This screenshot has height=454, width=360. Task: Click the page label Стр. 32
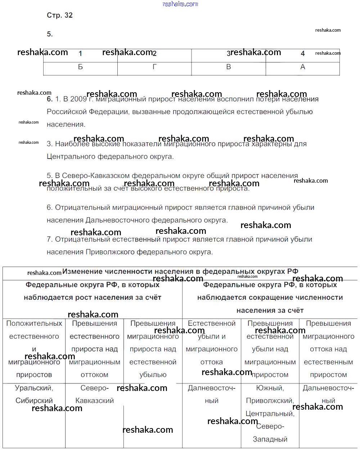click(60, 15)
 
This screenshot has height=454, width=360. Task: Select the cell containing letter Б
click(80, 67)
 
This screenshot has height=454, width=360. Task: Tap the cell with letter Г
click(154, 67)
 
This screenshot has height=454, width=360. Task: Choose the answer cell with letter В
click(228, 67)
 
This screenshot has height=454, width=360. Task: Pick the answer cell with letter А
click(303, 67)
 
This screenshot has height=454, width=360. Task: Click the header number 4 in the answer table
click(303, 53)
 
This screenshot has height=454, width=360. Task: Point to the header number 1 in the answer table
click(80, 53)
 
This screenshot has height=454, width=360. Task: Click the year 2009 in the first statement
click(78, 99)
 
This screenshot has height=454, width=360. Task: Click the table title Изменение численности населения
click(180, 272)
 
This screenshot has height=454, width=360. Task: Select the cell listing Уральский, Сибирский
click(34, 394)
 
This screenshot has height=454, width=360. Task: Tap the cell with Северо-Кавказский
click(94, 394)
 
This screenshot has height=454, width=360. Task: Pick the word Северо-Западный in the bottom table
click(270, 433)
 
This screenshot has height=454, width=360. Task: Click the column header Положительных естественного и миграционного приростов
click(34, 349)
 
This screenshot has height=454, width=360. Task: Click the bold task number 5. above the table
click(50, 34)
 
